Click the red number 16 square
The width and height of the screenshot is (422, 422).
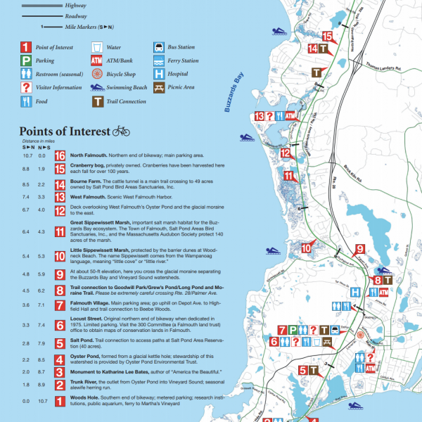[x=60, y=156]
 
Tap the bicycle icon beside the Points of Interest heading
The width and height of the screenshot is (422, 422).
[x=122, y=131]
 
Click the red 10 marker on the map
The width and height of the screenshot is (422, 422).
[x=307, y=247]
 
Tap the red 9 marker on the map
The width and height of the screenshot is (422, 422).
[x=359, y=250]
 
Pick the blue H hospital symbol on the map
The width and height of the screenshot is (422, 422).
[x=357, y=292]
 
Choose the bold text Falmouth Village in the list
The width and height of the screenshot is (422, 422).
[x=89, y=303]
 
